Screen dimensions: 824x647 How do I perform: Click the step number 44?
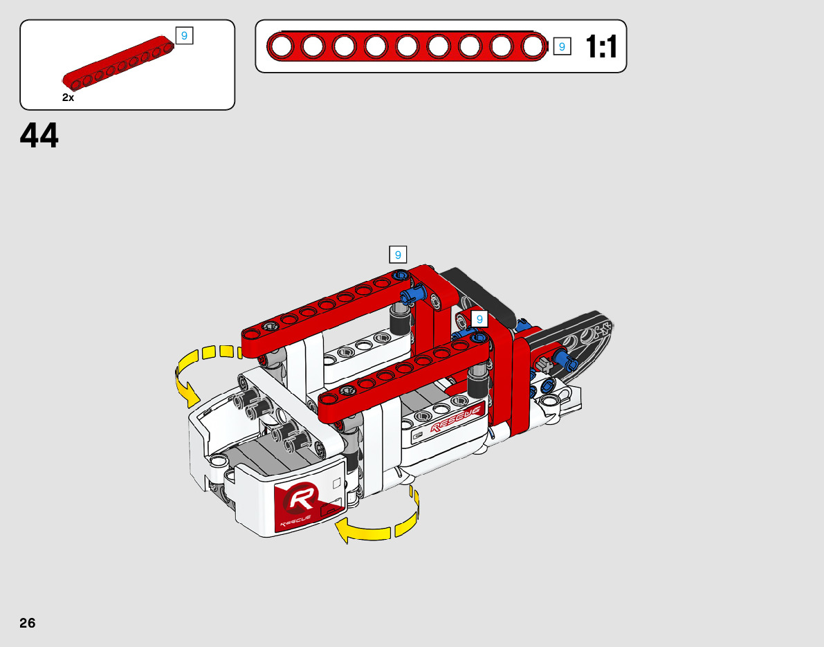coord(39,135)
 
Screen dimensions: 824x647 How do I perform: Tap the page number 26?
coord(27,623)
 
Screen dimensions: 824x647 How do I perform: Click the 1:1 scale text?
coord(601,47)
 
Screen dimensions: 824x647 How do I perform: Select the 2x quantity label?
coord(68,98)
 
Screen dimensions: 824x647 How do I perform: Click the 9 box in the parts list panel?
coord(185,36)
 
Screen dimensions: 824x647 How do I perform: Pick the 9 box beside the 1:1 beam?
coord(562,47)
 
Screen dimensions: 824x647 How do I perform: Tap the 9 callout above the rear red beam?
coord(398,255)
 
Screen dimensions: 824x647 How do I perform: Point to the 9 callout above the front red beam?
coord(479,319)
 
